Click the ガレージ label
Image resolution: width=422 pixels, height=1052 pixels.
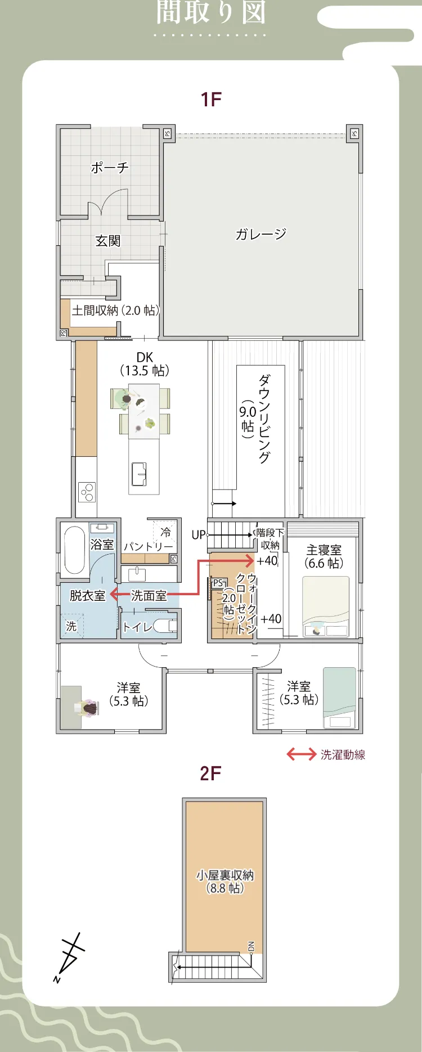261,234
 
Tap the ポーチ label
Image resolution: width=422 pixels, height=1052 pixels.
110,167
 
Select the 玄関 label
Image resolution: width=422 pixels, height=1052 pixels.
107,241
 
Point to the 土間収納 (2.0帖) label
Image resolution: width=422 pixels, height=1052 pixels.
115,310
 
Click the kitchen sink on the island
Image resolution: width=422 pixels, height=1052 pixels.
138,474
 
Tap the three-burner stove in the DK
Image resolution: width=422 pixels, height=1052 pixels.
87,492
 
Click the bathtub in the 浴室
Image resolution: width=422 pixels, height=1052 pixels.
74,550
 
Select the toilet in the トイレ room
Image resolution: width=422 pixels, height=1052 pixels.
165,626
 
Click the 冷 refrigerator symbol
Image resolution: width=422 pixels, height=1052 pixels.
165,532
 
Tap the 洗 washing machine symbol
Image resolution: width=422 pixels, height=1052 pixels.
71,626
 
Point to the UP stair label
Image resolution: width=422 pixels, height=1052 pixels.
198,534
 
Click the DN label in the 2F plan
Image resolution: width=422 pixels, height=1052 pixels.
251,946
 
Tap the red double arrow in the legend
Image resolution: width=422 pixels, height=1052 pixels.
302,754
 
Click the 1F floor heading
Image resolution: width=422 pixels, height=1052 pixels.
211,100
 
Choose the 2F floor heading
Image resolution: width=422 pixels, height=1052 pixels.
211,774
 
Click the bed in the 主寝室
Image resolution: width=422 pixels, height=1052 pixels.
326,606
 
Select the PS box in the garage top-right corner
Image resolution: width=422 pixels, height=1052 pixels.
354,133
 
